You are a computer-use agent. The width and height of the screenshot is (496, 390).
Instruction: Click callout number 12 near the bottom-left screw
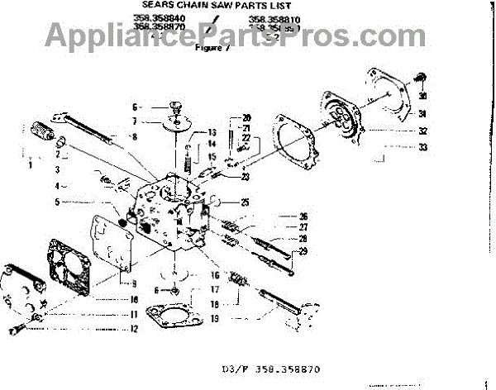tap(133, 328)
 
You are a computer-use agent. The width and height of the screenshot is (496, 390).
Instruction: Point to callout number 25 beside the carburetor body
tap(245, 202)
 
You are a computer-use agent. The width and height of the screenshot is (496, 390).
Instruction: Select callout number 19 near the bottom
tap(214, 316)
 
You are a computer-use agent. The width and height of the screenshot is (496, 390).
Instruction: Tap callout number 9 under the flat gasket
tap(133, 283)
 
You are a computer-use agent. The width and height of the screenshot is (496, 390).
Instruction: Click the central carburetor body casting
tap(169, 211)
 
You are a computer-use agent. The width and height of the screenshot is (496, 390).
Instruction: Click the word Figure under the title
tap(209, 47)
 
